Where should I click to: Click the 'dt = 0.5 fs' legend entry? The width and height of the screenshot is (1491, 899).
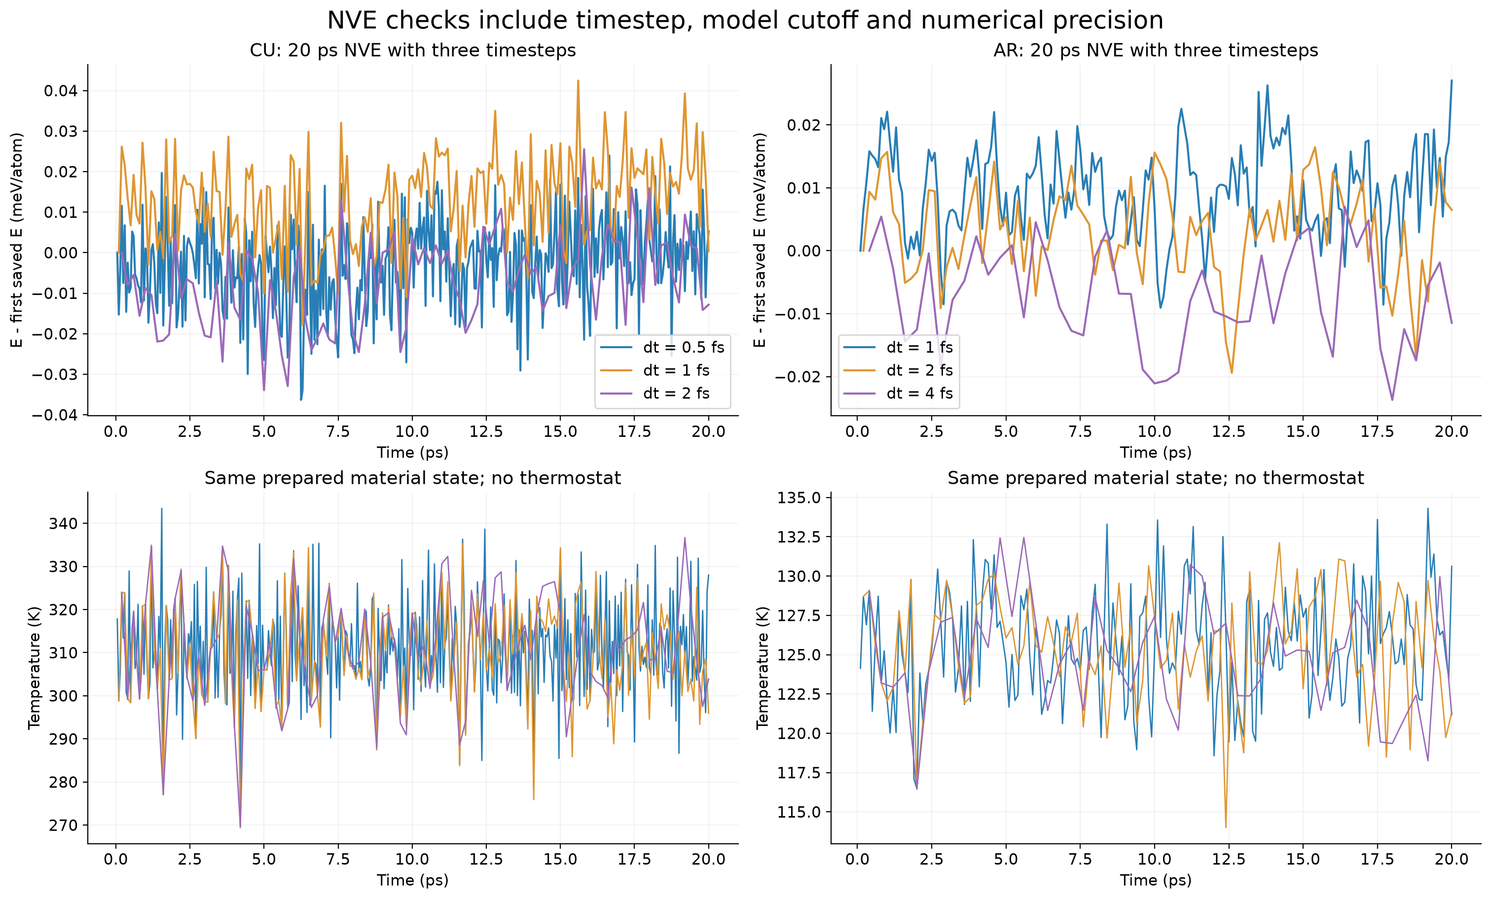[662, 347]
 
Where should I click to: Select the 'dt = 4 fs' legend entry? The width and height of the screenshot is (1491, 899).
[895, 393]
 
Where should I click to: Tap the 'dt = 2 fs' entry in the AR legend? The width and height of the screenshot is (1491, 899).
[895, 370]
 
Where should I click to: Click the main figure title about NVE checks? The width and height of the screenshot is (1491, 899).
[745, 21]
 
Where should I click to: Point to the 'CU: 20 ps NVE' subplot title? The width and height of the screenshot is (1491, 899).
[413, 50]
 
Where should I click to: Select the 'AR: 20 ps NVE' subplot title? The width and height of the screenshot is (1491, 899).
[1156, 50]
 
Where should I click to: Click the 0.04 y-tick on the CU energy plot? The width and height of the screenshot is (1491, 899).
[61, 91]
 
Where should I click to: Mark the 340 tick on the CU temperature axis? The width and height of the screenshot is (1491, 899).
[64, 523]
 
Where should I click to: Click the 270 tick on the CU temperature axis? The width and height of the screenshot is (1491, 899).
[64, 825]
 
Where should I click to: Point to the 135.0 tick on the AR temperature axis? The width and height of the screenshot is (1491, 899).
[800, 498]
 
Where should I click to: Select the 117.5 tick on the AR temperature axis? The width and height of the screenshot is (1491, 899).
[800, 773]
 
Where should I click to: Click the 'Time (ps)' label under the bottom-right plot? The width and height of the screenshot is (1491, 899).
[1156, 880]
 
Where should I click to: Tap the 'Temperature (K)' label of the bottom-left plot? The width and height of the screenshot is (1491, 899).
[34, 667]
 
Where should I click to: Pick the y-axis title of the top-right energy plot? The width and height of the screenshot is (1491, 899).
[760, 240]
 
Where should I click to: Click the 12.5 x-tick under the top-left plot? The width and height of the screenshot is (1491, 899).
[486, 432]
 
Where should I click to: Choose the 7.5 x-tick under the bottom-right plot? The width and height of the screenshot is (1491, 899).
[1080, 859]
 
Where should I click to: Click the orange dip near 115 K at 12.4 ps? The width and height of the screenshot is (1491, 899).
[1226, 827]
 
